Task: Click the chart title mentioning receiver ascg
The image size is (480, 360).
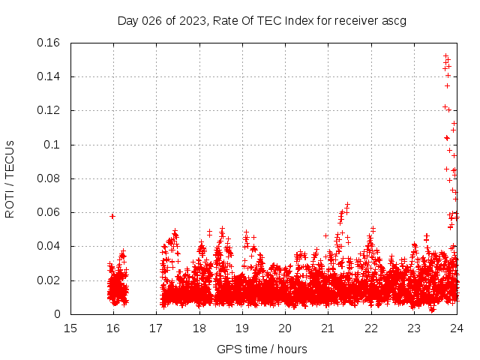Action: (x=262, y=20)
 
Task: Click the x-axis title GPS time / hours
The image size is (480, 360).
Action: (x=262, y=349)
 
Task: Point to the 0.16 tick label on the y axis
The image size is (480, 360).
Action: (x=49, y=43)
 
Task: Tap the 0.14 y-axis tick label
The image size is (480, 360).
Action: (x=49, y=76)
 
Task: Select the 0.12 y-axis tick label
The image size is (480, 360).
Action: (x=49, y=110)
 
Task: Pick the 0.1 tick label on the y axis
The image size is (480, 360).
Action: (x=54, y=145)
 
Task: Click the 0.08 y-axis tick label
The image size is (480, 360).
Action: (x=49, y=178)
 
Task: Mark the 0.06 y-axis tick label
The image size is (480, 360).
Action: (x=49, y=212)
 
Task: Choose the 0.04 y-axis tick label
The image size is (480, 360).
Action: (x=49, y=246)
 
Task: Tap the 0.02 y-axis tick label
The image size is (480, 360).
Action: (x=49, y=280)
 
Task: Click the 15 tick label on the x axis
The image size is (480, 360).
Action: (x=70, y=328)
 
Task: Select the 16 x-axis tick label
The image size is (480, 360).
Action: (x=113, y=328)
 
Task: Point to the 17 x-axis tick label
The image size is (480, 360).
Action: (x=156, y=328)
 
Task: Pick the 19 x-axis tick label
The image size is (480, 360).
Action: (x=242, y=328)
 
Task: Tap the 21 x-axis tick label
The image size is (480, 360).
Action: (x=328, y=328)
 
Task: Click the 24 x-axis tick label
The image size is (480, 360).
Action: (x=456, y=328)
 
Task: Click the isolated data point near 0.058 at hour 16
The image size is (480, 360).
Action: (x=112, y=216)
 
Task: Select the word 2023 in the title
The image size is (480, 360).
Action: (x=192, y=20)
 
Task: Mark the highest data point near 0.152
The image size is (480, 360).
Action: (x=445, y=56)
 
